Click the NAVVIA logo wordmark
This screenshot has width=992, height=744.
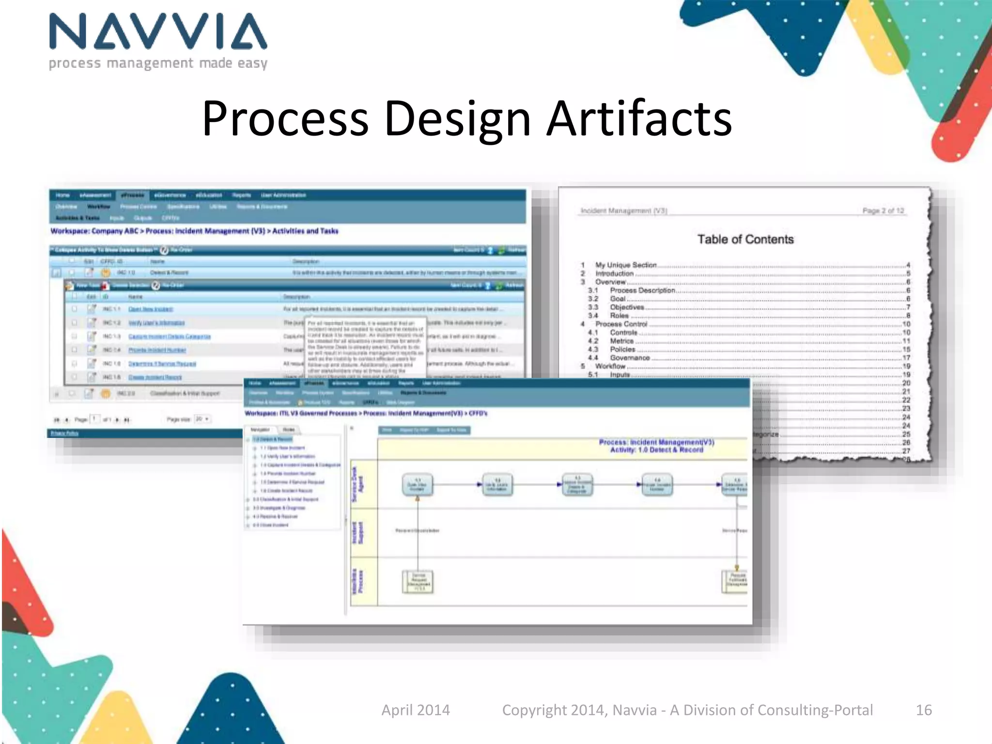[158, 32]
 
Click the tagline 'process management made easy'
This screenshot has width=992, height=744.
[158, 63]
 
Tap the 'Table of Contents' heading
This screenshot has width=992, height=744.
[745, 239]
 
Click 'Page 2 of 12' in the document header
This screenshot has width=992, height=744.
[883, 211]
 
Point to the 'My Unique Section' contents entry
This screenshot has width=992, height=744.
[625, 265]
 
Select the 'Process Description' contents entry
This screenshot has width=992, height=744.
[642, 290]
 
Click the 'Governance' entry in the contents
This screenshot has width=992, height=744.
[629, 357]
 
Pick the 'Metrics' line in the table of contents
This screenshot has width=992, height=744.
[621, 341]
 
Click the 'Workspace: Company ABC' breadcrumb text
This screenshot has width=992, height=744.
[94, 231]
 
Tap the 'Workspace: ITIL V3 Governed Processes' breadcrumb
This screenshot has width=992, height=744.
[300, 413]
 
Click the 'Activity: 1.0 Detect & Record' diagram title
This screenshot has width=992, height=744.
[656, 450]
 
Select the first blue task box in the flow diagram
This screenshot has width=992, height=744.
[417, 485]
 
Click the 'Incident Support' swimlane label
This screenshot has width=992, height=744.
[357, 532]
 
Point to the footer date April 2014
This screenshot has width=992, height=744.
[416, 710]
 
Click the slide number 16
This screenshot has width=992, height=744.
[923, 710]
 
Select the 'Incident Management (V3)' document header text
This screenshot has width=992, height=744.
[623, 211]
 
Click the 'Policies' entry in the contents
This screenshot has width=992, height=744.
[622, 349]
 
